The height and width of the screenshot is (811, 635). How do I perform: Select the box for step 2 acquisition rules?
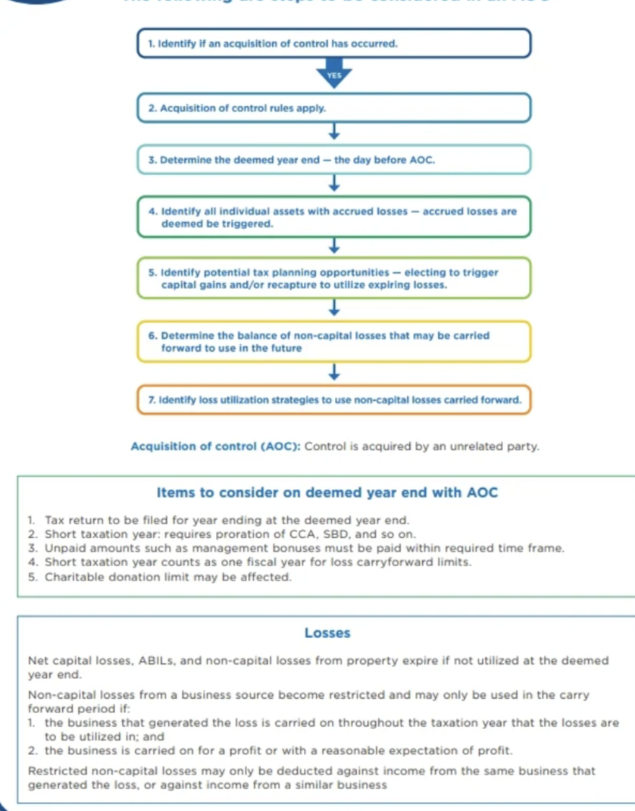(x=333, y=108)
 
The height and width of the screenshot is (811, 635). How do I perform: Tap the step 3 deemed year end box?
(x=333, y=160)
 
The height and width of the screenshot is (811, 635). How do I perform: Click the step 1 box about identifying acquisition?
(x=333, y=44)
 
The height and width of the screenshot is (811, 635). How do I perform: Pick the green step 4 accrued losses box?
(x=333, y=218)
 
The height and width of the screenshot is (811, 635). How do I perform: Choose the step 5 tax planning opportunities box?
(x=333, y=278)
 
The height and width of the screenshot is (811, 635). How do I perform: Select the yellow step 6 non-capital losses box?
(x=333, y=341)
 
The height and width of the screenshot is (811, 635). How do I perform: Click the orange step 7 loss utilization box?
(x=333, y=399)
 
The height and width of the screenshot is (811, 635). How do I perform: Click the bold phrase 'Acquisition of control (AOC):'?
(x=216, y=446)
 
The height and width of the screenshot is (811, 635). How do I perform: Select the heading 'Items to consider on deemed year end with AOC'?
(x=327, y=493)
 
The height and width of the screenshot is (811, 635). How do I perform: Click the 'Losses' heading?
(x=327, y=632)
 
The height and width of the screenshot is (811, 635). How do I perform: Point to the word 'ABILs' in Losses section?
(x=159, y=661)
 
